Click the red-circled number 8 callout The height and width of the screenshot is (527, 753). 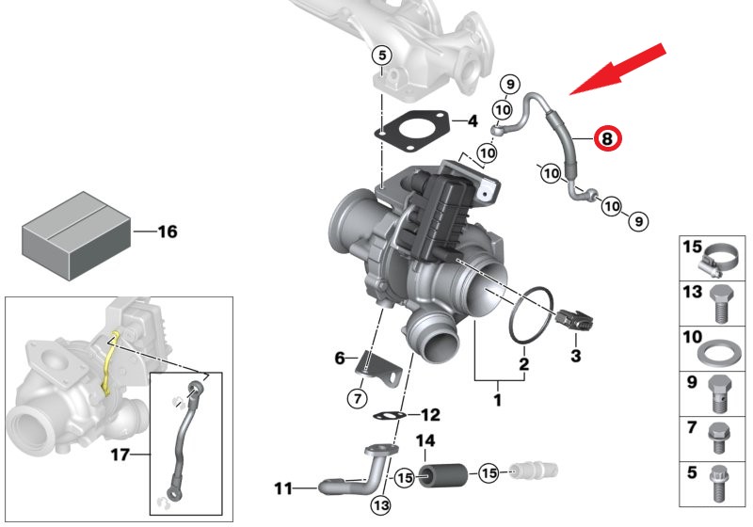[607, 139]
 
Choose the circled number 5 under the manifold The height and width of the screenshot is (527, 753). [380, 55]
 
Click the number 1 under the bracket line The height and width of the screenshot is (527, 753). [498, 401]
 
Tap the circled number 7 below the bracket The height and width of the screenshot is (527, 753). [357, 399]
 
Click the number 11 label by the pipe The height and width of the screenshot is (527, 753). [283, 488]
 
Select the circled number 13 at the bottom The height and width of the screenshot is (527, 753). [380, 505]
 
